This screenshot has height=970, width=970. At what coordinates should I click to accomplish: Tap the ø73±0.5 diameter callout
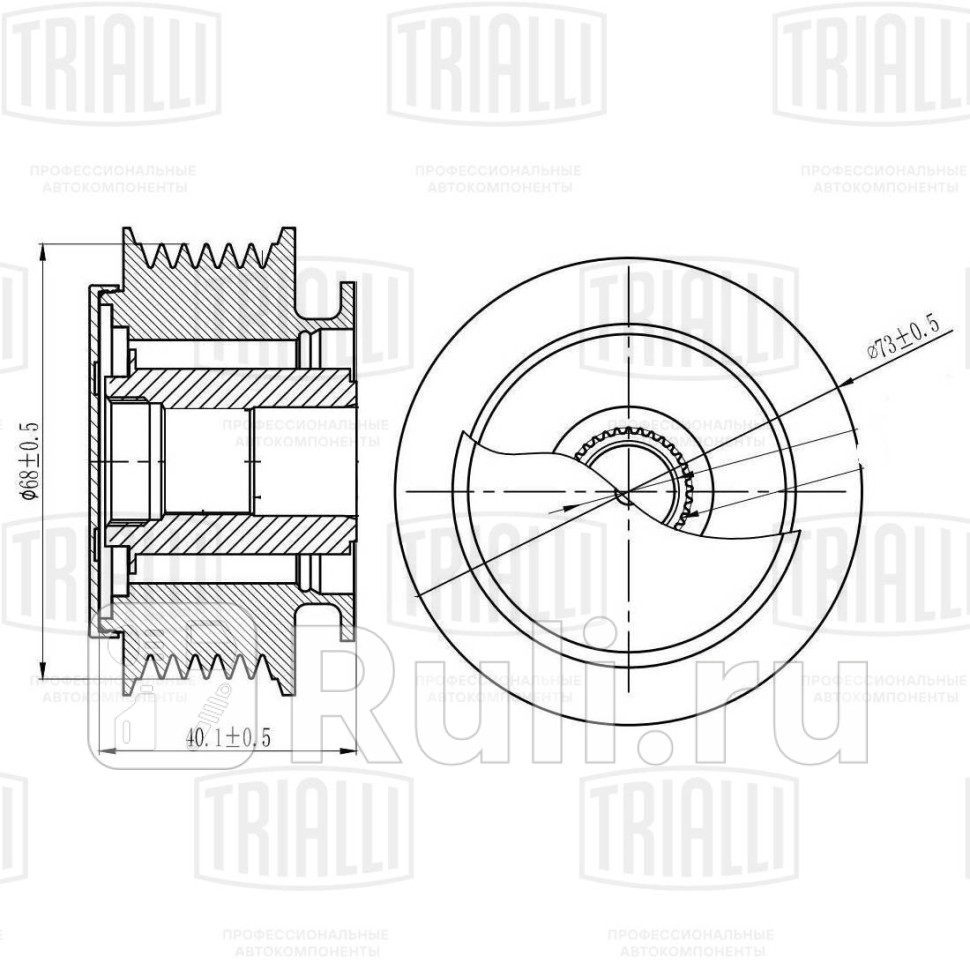click(903, 336)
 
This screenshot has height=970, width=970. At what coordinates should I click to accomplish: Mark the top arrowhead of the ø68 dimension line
click(43, 250)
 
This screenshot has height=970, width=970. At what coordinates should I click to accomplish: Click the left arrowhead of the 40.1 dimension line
click(108, 750)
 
